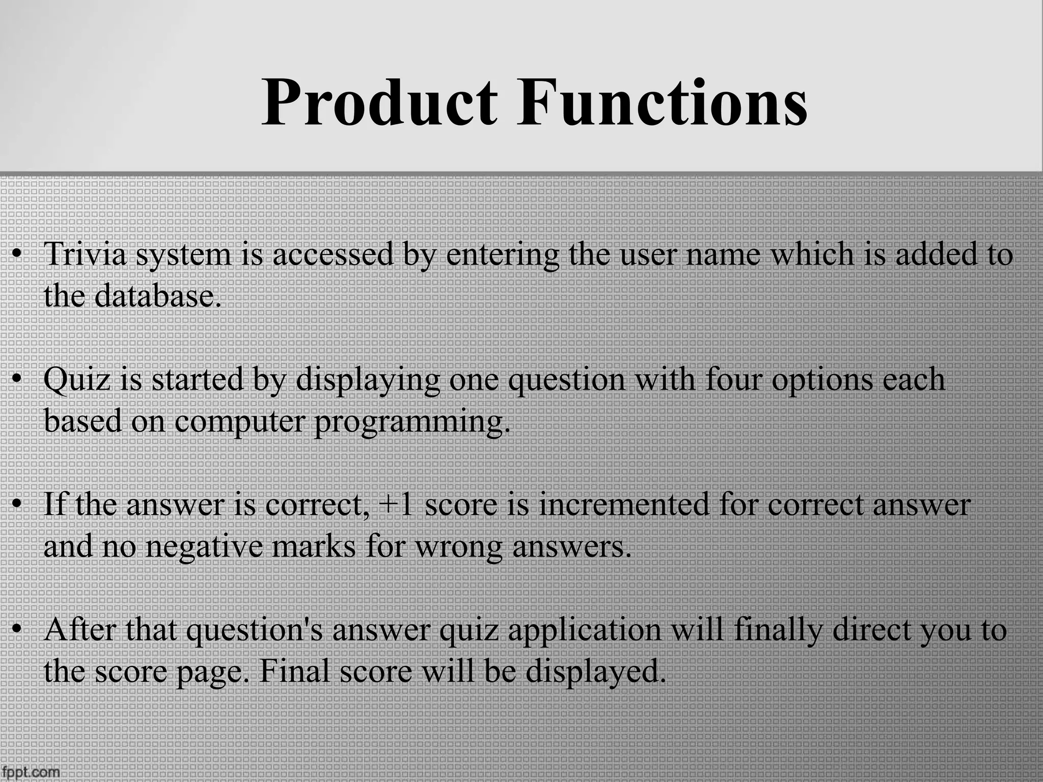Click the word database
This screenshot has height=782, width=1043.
click(158, 295)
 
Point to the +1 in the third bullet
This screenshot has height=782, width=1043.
click(396, 505)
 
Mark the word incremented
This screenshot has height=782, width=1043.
click(624, 505)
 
